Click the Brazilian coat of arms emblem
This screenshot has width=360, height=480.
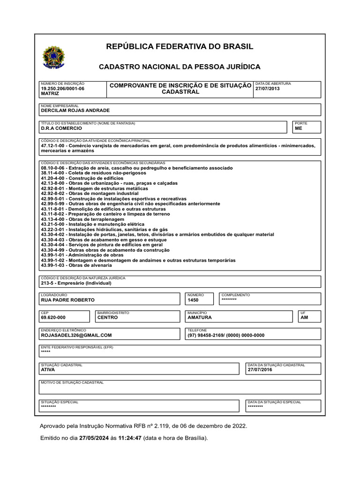point(54,59)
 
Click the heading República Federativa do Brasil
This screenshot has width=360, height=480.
point(180,46)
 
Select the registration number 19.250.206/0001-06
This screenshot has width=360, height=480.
point(63,88)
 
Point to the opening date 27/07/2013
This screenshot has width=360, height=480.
point(267,88)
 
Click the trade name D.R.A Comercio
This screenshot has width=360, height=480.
point(61,128)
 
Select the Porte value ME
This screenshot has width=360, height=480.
point(299,128)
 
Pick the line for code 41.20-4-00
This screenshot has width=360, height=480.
point(82,179)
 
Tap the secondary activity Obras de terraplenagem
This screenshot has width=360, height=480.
point(82,219)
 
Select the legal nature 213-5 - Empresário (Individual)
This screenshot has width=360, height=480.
point(76,283)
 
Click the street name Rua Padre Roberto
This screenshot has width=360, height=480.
point(67,300)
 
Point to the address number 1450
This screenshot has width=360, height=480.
point(193,300)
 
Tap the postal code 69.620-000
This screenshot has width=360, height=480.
point(53,317)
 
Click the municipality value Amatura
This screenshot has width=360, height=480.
point(199,317)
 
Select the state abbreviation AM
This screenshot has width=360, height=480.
point(305,317)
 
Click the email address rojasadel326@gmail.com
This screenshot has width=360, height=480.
point(76,335)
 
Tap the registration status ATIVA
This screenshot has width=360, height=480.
point(48,370)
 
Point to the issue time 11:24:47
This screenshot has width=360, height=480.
point(130,438)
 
